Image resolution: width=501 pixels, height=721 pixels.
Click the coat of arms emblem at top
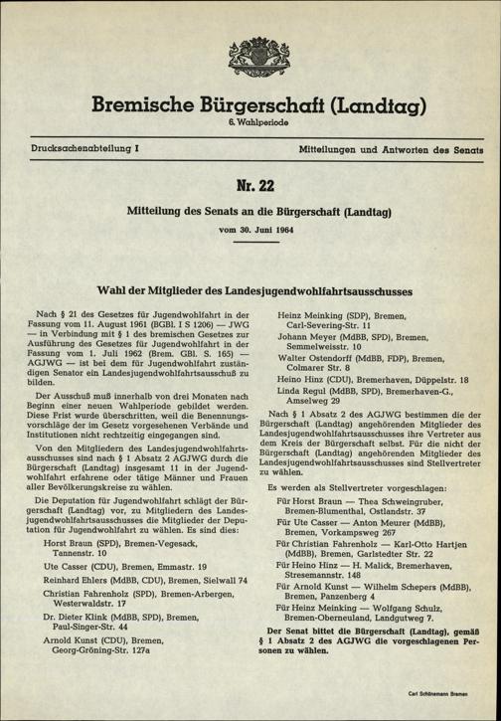click(250, 44)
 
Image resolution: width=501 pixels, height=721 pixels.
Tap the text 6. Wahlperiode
click(250, 121)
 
